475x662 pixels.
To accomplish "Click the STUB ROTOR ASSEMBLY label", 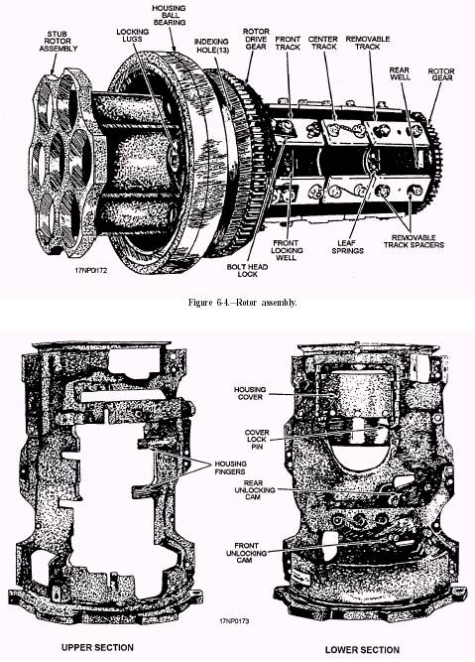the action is point(59,42).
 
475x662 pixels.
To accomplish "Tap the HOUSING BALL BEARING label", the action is point(170,15).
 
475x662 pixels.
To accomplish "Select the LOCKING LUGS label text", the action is point(133,35).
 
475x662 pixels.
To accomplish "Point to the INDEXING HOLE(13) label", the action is point(211,46).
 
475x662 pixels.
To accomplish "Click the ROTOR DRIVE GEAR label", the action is point(256,39).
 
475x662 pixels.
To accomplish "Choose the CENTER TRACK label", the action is point(323,43).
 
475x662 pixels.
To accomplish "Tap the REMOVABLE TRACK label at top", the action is point(368,43).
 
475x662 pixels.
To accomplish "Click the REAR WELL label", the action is point(400,73).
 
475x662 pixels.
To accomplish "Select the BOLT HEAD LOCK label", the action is point(247,270).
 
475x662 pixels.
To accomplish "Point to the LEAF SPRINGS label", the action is point(348,246).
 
